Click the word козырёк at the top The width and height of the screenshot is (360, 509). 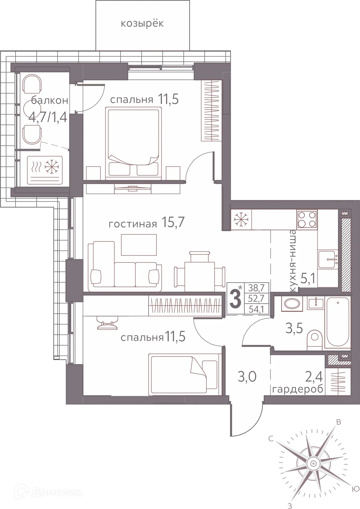(142, 23)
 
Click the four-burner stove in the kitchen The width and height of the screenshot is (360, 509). (307, 219)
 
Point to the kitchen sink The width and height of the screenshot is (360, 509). (328, 259)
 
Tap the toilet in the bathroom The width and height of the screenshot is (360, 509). (314, 338)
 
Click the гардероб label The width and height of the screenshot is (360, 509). (297, 390)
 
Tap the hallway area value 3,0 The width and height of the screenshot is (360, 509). (247, 377)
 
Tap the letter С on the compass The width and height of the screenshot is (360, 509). (270, 439)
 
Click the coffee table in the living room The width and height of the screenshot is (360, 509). (139, 244)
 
